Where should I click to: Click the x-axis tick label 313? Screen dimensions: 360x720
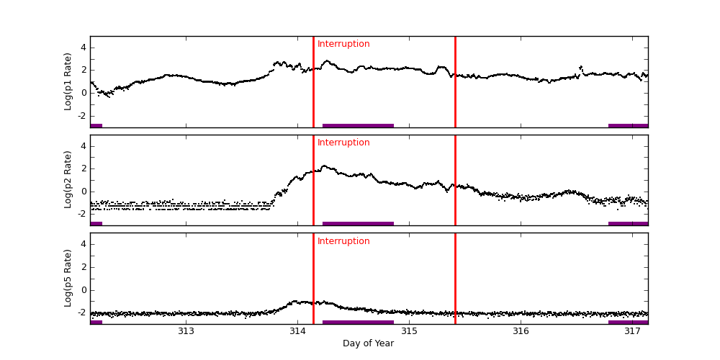[186, 331]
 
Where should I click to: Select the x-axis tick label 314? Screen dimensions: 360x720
[297, 331]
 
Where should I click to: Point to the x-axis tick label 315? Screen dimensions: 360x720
[409, 331]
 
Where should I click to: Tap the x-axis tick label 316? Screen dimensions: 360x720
[521, 331]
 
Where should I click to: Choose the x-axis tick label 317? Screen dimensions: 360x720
[632, 331]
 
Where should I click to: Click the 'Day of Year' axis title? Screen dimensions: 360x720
[368, 343]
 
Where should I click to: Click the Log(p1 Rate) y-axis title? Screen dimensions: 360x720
[68, 81]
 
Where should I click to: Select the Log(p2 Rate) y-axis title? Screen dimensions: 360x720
[68, 179]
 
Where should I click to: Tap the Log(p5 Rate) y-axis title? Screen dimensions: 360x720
[68, 278]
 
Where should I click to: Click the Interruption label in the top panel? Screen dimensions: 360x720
[343, 44]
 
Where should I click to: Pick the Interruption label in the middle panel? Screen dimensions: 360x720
[343, 143]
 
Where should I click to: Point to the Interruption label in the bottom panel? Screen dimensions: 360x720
[343, 241]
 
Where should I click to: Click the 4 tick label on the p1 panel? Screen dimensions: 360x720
[83, 48]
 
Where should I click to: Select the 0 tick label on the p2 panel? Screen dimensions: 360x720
[83, 192]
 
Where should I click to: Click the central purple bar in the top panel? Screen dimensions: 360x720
[358, 125]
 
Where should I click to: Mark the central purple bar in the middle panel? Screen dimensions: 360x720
[358, 223]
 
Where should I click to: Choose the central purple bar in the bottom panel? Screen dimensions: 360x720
[358, 322]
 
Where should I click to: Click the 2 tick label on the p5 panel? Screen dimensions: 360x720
[83, 267]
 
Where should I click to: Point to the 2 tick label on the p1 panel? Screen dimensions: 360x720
[83, 70]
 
